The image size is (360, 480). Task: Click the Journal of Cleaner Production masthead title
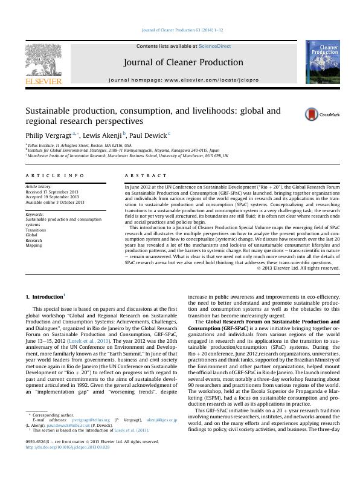pyautogui.click(x=183, y=62)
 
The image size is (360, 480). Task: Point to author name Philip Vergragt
pyautogui.click(x=48, y=134)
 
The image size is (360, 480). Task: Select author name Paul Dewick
pyautogui.click(x=148, y=134)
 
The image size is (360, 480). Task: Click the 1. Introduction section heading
pyautogui.click(x=44, y=297)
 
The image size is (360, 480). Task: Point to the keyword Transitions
pyautogui.click(x=36, y=230)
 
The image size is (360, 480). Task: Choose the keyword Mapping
pyautogui.click(x=34, y=245)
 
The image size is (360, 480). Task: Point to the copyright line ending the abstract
pyautogui.click(x=298, y=268)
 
